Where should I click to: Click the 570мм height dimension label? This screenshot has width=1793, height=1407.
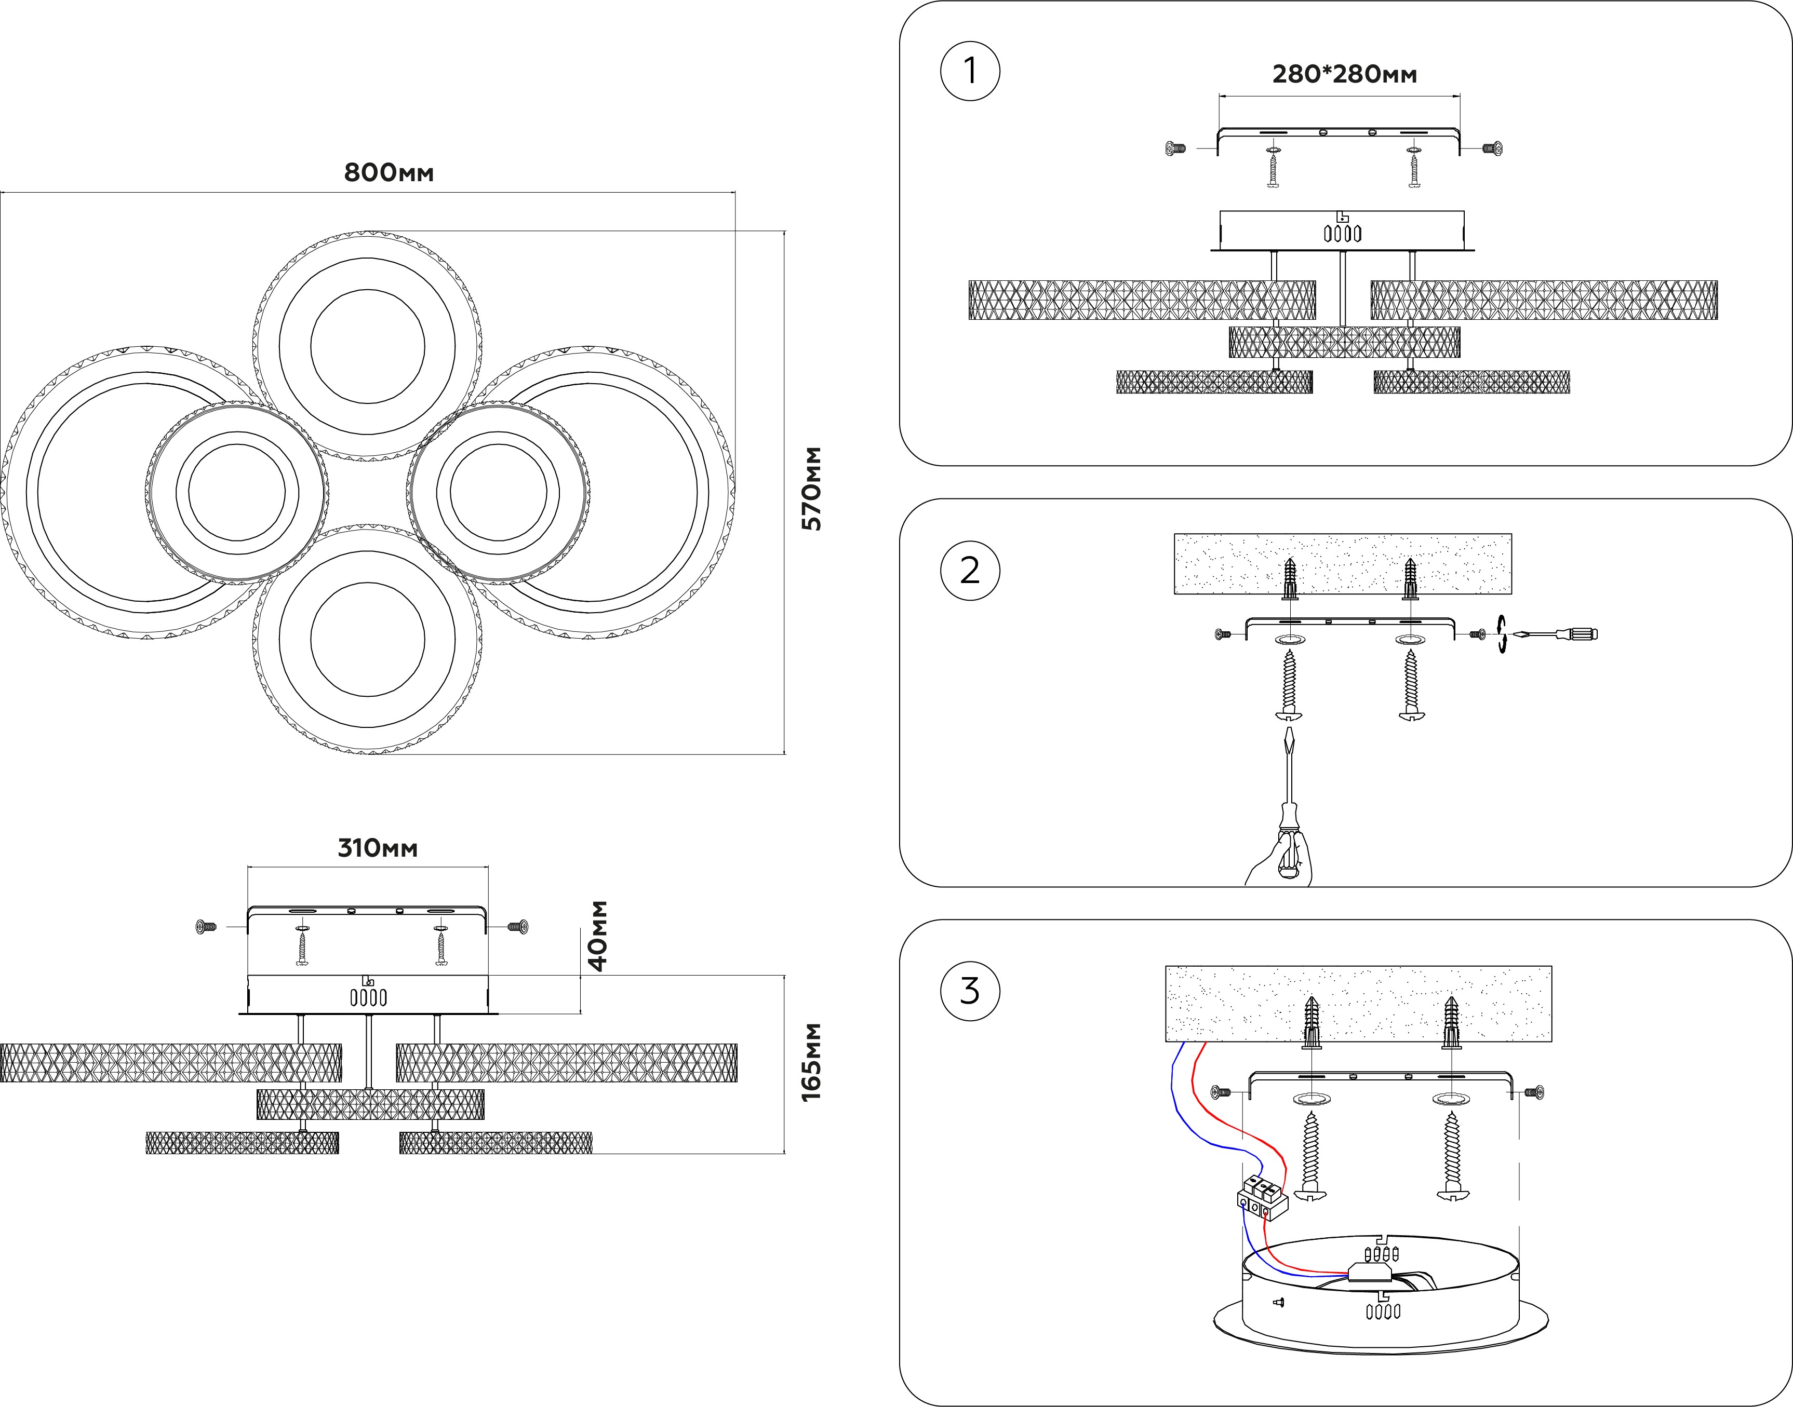tap(812, 489)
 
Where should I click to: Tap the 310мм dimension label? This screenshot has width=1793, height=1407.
tap(378, 848)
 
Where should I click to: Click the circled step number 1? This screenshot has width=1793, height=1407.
tap(970, 71)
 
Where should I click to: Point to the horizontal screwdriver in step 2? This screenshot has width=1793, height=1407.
tap(1557, 634)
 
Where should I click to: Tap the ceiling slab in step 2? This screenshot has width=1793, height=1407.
tap(1342, 563)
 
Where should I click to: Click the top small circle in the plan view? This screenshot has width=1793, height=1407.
tap(368, 347)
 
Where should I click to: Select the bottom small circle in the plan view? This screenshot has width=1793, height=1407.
tap(368, 640)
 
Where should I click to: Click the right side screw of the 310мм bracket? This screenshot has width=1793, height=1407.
tap(518, 927)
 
